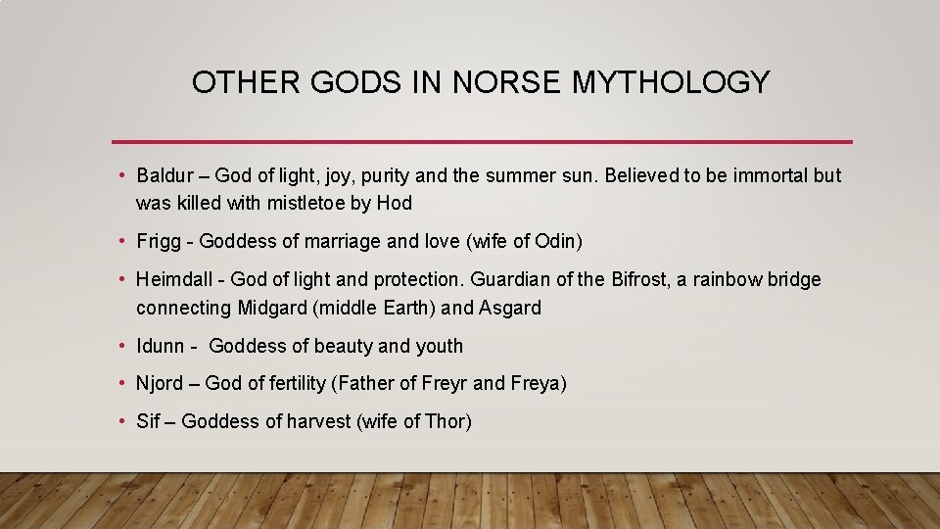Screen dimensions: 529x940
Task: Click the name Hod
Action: click(394, 203)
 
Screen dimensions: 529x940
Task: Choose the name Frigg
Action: click(158, 241)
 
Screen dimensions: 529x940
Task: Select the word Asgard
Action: click(510, 308)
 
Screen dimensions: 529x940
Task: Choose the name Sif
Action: click(149, 422)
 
